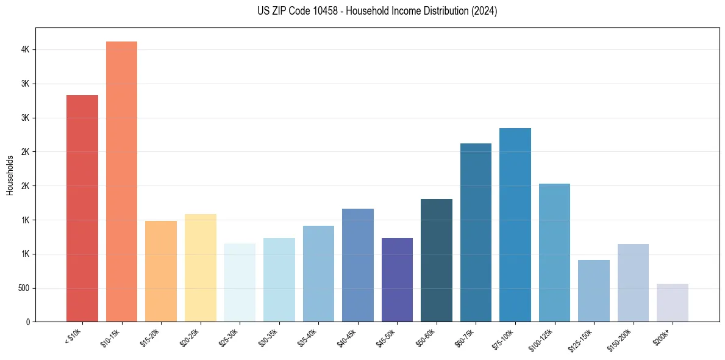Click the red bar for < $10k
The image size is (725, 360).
tap(82, 208)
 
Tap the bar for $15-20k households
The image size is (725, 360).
tap(161, 271)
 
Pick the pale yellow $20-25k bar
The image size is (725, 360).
tap(201, 268)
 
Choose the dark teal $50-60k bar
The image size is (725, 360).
tap(437, 260)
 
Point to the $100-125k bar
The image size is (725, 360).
tap(554, 253)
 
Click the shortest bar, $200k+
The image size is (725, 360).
tap(673, 303)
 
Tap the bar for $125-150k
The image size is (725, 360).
tap(594, 290)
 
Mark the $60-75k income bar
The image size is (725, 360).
tap(476, 232)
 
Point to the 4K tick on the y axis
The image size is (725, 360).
tap(26, 49)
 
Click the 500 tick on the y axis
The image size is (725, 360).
tap(24, 288)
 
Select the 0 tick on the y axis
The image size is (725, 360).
tap(28, 322)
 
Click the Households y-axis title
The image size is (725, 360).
tap(10, 175)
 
